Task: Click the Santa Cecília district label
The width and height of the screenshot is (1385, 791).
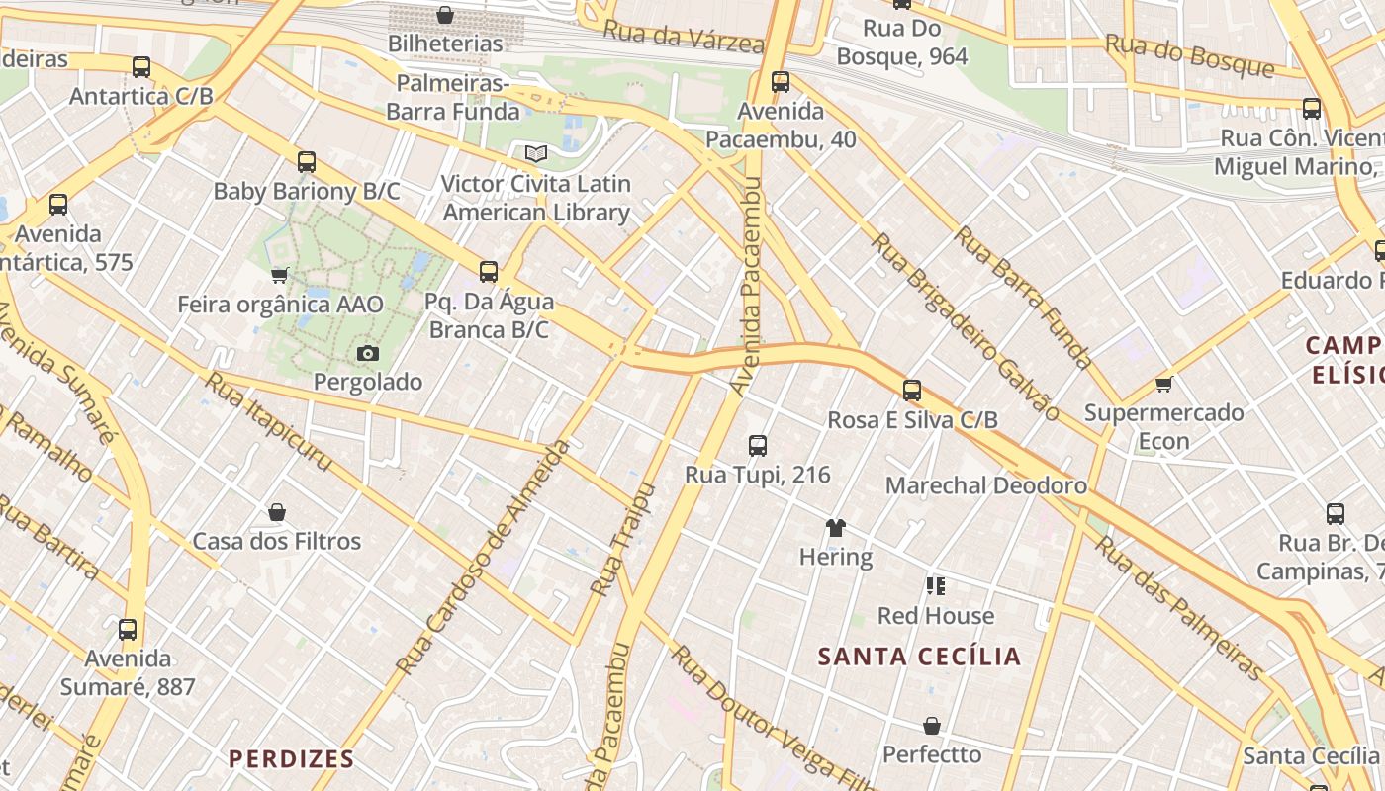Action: (919, 657)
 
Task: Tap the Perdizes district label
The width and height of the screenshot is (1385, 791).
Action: (291, 758)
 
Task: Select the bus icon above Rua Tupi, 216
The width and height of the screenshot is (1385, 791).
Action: (757, 446)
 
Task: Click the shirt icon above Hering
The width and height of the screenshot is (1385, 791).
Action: (836, 528)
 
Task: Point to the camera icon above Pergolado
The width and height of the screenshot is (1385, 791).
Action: (367, 353)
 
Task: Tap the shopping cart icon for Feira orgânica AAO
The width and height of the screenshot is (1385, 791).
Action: (280, 275)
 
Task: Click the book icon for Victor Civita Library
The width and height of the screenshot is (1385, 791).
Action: (535, 154)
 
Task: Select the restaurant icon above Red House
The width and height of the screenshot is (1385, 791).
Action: (936, 586)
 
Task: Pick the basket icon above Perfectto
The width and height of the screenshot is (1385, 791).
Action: (931, 726)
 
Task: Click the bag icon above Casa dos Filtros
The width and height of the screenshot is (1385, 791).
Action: (277, 512)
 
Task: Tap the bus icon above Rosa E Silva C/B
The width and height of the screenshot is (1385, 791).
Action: (912, 391)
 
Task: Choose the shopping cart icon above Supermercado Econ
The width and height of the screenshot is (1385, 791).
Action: (1163, 384)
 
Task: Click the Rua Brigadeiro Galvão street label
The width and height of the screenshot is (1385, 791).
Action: (964, 325)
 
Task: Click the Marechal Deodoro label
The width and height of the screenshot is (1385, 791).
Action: (985, 485)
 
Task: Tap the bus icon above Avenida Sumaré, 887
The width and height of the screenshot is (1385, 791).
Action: (128, 630)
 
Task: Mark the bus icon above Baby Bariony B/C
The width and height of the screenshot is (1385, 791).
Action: (307, 162)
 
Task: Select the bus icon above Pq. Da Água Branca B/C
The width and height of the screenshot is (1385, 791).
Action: (488, 272)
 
